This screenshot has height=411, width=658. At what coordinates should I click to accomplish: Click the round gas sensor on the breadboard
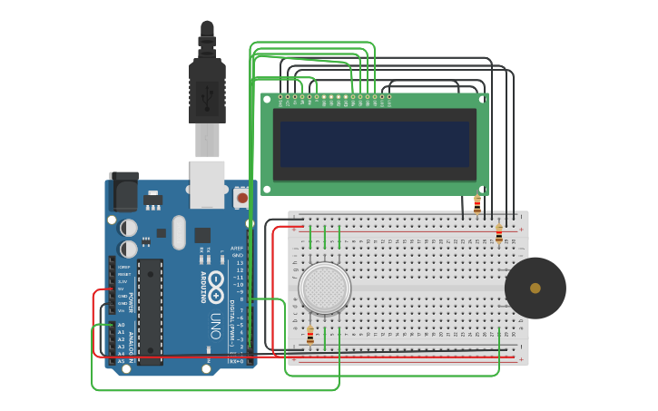click(x=324, y=288)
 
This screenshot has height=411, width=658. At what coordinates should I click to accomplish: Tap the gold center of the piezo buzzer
click(x=535, y=288)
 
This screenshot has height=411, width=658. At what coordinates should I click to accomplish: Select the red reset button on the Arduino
click(x=242, y=197)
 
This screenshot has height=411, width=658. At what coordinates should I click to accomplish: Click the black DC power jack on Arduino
click(x=123, y=191)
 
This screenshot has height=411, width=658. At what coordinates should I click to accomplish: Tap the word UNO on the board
click(x=215, y=326)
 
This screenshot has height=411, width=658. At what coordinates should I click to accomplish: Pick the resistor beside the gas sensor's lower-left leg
click(x=310, y=335)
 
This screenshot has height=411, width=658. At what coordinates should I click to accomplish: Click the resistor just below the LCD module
click(x=477, y=205)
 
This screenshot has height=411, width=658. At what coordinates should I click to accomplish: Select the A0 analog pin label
click(x=121, y=325)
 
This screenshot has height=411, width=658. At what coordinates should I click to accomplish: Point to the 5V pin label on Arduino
click(x=122, y=289)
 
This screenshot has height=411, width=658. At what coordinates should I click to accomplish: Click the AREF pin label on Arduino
click(x=237, y=248)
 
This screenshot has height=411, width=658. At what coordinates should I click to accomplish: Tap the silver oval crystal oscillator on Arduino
click(x=179, y=231)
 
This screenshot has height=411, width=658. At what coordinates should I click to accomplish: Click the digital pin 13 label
click(x=240, y=262)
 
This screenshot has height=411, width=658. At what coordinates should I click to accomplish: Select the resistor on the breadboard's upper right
click(x=498, y=234)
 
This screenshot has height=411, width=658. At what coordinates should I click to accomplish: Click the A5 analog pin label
click(x=121, y=361)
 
